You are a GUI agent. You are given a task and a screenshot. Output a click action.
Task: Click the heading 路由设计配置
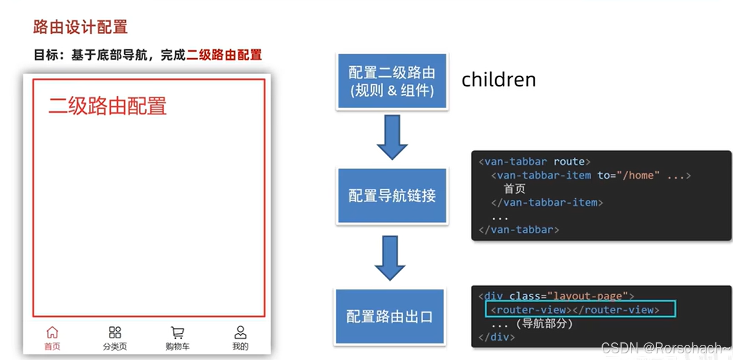click(x=80, y=27)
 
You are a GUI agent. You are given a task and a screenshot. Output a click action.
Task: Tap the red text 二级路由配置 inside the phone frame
click(x=108, y=106)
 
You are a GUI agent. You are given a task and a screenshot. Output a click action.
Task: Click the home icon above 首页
click(x=52, y=332)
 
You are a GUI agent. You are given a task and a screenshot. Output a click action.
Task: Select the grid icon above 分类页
click(x=115, y=332)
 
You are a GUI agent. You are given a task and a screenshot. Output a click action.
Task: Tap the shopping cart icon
click(x=178, y=332)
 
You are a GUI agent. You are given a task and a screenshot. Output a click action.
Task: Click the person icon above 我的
click(x=240, y=332)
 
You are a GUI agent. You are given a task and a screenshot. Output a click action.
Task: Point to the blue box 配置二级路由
click(x=392, y=81)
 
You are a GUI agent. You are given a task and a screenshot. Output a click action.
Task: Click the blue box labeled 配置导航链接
click(x=392, y=196)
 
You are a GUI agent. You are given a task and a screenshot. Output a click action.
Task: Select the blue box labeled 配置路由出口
click(x=389, y=316)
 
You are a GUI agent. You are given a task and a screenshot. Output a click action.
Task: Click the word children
click(x=499, y=80)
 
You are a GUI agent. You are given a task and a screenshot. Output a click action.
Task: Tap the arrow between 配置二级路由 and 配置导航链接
click(x=392, y=138)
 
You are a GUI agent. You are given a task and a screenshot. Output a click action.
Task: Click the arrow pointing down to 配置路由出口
click(x=390, y=257)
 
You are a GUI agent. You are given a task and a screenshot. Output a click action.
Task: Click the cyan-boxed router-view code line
click(x=580, y=310)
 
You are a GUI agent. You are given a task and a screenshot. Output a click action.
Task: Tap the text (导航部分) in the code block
click(x=544, y=324)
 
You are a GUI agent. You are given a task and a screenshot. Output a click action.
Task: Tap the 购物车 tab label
click(x=178, y=347)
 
